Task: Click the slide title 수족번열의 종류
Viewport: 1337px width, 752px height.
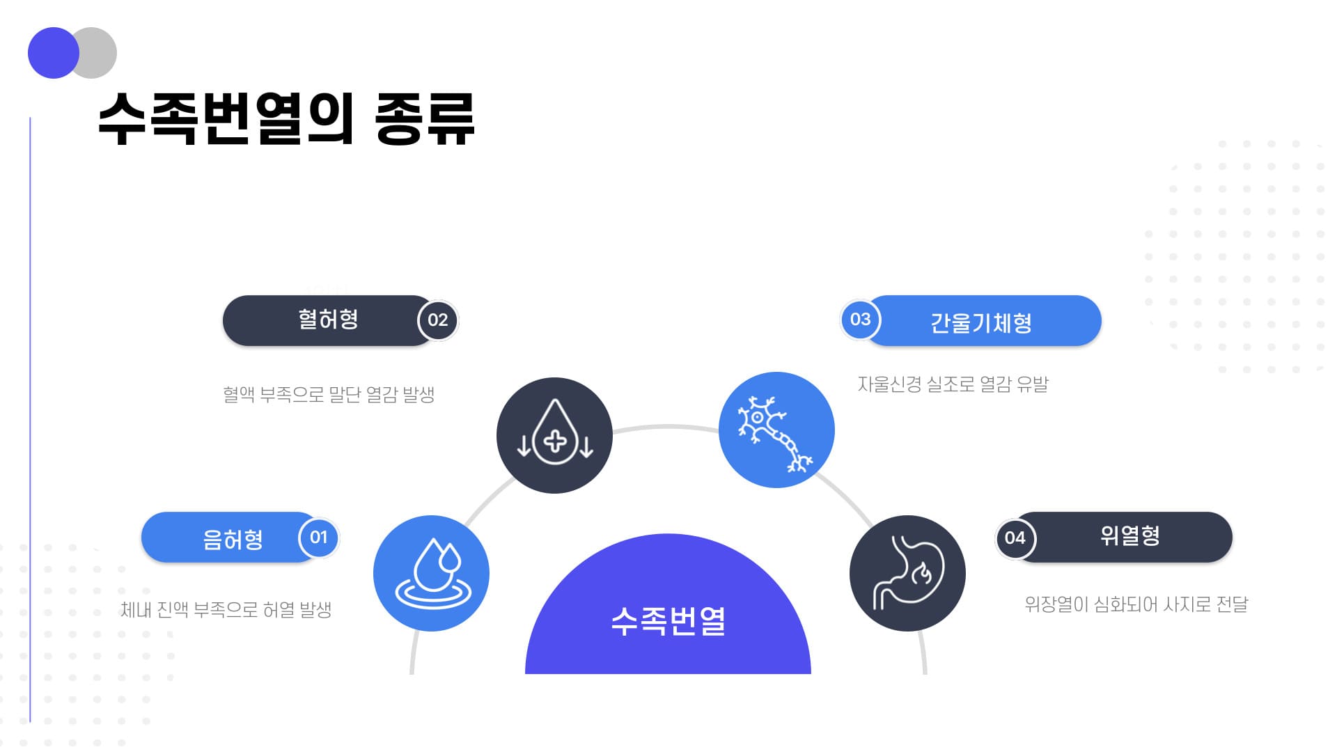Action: click(x=286, y=118)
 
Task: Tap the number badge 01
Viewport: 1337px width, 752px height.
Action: click(x=318, y=538)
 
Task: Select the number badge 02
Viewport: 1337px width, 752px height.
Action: click(x=437, y=320)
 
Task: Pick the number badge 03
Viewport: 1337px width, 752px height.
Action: click(x=861, y=320)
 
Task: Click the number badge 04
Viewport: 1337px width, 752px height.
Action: click(x=1015, y=538)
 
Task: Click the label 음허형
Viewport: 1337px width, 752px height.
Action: click(x=233, y=539)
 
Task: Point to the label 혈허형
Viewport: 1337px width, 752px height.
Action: click(x=328, y=320)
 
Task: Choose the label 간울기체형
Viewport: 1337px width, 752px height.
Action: click(x=981, y=322)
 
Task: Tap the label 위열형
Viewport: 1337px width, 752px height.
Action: click(x=1130, y=535)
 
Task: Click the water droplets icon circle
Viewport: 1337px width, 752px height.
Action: click(x=431, y=573)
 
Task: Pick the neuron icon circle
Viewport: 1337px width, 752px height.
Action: click(x=776, y=430)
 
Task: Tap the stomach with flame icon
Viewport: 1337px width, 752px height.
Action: click(x=907, y=573)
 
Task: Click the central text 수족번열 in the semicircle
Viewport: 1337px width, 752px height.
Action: click(x=668, y=620)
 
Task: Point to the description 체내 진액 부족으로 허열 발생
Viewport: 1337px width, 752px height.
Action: click(x=226, y=610)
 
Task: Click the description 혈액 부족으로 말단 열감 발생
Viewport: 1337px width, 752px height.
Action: click(x=329, y=394)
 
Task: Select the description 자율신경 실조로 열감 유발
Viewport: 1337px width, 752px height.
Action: click(x=953, y=384)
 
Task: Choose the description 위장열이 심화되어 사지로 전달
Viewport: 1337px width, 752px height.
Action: click(x=1136, y=604)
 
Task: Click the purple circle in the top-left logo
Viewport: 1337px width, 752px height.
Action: click(x=54, y=53)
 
